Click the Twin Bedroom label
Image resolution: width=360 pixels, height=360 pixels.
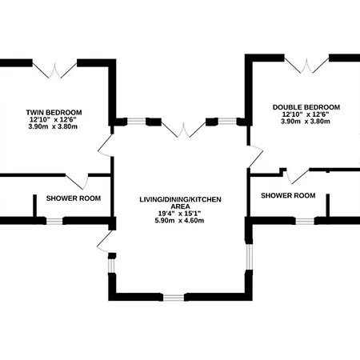54,113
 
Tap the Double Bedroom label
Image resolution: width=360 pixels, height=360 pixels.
306,107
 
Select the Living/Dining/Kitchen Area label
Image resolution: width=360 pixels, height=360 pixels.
180,203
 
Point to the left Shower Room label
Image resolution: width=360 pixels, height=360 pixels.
74,198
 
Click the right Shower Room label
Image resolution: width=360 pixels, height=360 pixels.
288,195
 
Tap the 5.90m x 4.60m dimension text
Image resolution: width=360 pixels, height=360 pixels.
179,221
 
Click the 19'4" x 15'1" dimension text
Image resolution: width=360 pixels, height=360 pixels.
179,214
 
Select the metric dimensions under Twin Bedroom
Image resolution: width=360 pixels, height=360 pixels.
53,126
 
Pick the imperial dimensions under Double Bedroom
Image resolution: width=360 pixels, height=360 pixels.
306,114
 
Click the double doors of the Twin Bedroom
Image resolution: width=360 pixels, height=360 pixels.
54,70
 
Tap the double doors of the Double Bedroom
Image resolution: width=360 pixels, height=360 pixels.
306,66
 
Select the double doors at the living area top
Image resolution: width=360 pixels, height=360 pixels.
183,130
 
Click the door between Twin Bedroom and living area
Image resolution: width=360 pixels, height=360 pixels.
106,146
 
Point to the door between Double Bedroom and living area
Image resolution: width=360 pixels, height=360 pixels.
255,157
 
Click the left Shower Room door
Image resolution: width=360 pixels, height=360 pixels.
78,182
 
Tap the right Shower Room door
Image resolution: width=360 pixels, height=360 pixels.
298,176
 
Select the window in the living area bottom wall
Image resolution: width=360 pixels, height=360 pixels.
174,298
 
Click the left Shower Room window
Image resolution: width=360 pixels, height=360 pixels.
54,221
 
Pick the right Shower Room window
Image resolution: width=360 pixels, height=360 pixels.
305,221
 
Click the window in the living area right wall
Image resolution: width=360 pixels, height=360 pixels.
249,257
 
